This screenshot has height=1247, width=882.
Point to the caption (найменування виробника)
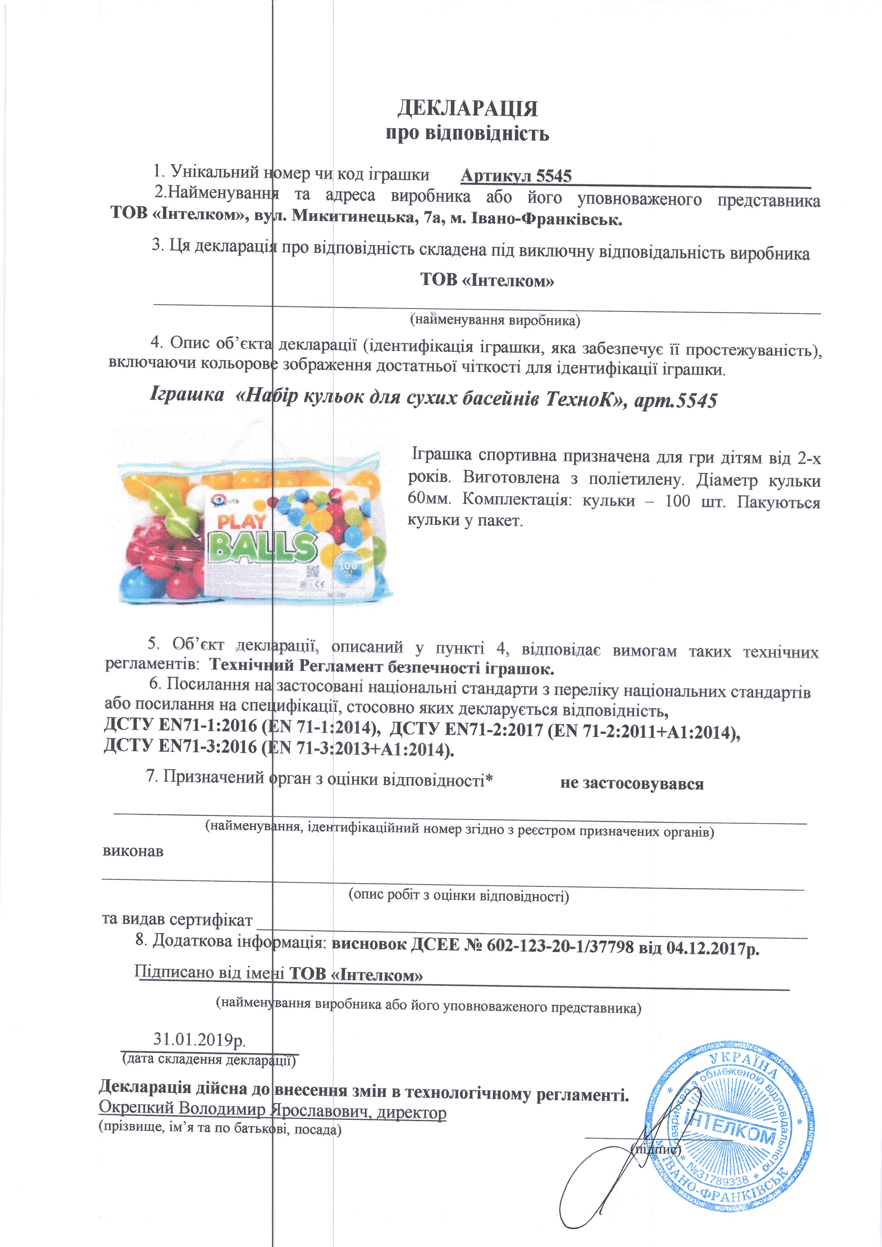coord(495,320)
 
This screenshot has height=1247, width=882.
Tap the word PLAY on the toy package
coord(243,521)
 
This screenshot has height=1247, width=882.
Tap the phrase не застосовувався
coord(632,784)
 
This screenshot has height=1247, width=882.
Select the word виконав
coord(133,851)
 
